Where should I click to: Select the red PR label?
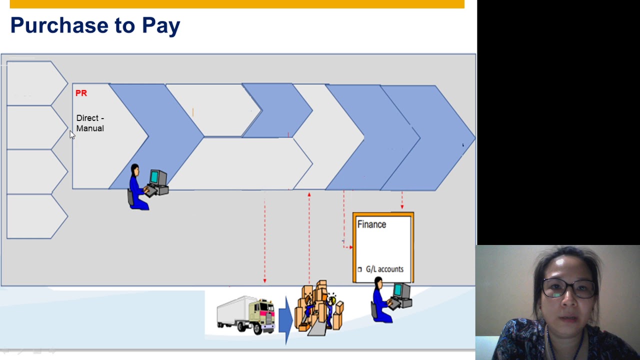(x=81, y=93)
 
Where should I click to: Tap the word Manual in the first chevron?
(x=90, y=128)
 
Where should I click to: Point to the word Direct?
(x=87, y=118)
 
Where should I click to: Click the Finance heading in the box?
(x=371, y=224)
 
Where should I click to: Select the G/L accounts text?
(x=384, y=269)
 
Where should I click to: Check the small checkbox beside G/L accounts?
(x=359, y=269)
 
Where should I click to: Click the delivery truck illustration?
(x=246, y=315)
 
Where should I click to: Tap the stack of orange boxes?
(x=319, y=306)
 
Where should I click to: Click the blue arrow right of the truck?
(x=285, y=318)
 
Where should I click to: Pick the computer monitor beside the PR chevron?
(x=157, y=177)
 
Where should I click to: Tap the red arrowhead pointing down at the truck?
(x=264, y=280)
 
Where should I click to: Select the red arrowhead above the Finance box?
(x=402, y=206)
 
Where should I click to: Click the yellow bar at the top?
(x=237, y=4)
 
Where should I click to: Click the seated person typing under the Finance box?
(x=382, y=302)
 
